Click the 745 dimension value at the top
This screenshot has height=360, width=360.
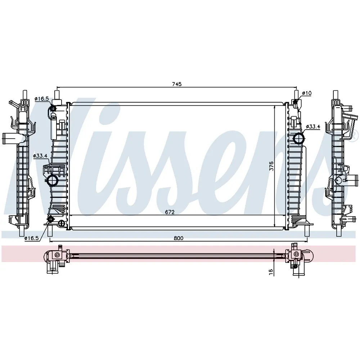(x=177, y=84)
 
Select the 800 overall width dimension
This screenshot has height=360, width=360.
(x=179, y=238)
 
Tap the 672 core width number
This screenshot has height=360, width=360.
(x=170, y=212)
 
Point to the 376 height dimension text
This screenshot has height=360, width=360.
(x=271, y=166)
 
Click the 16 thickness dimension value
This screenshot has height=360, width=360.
(x=271, y=271)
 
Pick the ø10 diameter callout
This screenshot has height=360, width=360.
(x=307, y=93)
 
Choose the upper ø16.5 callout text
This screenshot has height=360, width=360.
(x=41, y=99)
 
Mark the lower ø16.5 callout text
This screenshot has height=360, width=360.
(x=32, y=238)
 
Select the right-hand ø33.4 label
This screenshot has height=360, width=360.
(x=313, y=126)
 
